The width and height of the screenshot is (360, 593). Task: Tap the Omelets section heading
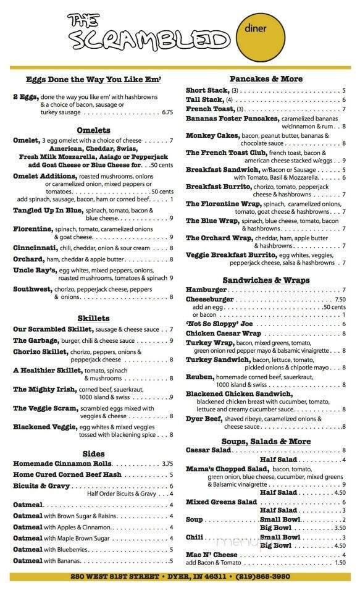[93, 130]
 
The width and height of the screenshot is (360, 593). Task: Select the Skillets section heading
[94, 318]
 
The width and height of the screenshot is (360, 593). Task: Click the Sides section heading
[94, 453]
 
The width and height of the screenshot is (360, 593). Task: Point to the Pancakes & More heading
[266, 79]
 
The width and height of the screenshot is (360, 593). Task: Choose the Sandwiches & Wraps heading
[266, 280]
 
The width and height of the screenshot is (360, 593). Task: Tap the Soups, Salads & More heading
[266, 441]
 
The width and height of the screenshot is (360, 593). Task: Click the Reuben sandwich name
[200, 377]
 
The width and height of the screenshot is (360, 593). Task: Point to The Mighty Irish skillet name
[44, 389]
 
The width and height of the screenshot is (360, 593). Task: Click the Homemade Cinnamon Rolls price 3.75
[167, 463]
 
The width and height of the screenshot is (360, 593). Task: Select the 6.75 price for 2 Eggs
[167, 112]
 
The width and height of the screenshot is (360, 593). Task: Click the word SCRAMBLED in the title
[148, 40]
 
